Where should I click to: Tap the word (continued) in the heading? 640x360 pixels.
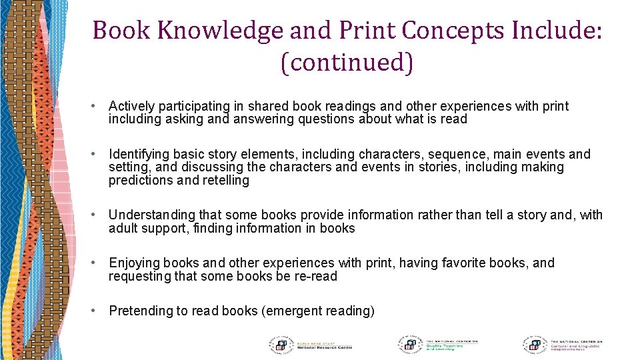tap(347, 62)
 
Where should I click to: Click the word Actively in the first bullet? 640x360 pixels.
tap(130, 106)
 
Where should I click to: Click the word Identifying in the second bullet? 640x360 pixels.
tap(139, 154)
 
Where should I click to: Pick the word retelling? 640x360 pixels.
tap(225, 181)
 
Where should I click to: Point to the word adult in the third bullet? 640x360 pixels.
tap(124, 228)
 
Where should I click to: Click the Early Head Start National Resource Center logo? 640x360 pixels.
tap(310, 345)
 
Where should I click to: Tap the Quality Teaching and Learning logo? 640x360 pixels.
tap(437, 345)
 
